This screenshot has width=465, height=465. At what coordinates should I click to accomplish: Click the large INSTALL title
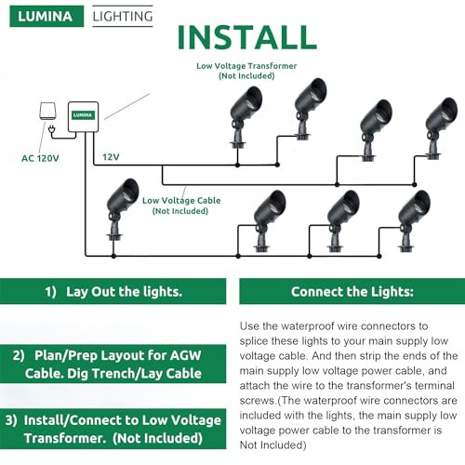click(x=246, y=37)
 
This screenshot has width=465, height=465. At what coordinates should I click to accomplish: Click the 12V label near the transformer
click(x=112, y=157)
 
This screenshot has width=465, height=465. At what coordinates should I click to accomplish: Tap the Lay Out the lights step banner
click(x=111, y=291)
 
